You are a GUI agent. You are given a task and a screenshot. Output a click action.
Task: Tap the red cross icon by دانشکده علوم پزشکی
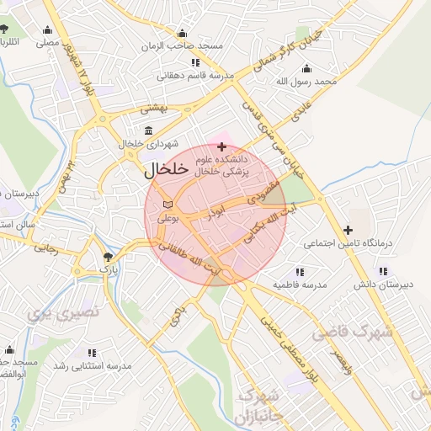coord(221,147)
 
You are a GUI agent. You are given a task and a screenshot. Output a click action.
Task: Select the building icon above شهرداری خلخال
coord(149,130)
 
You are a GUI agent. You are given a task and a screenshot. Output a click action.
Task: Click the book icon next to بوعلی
coord(167,205)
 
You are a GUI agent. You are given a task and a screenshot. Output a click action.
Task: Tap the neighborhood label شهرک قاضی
coord(352,330)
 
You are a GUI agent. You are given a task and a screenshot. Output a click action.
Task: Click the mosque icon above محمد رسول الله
coord(305,69)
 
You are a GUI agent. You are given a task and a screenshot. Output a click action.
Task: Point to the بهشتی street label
coord(155,108)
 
